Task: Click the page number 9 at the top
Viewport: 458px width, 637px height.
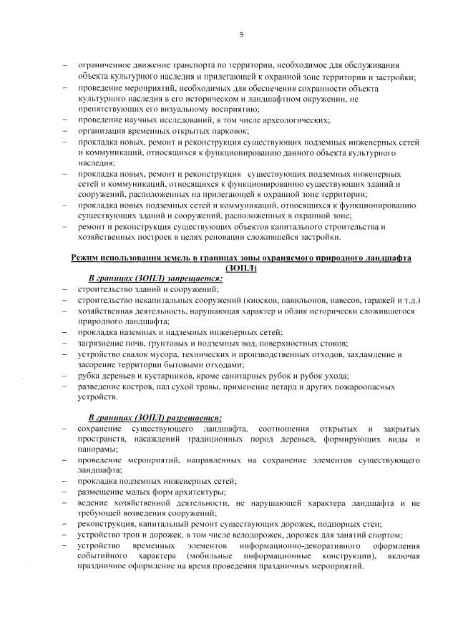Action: tap(241, 34)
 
